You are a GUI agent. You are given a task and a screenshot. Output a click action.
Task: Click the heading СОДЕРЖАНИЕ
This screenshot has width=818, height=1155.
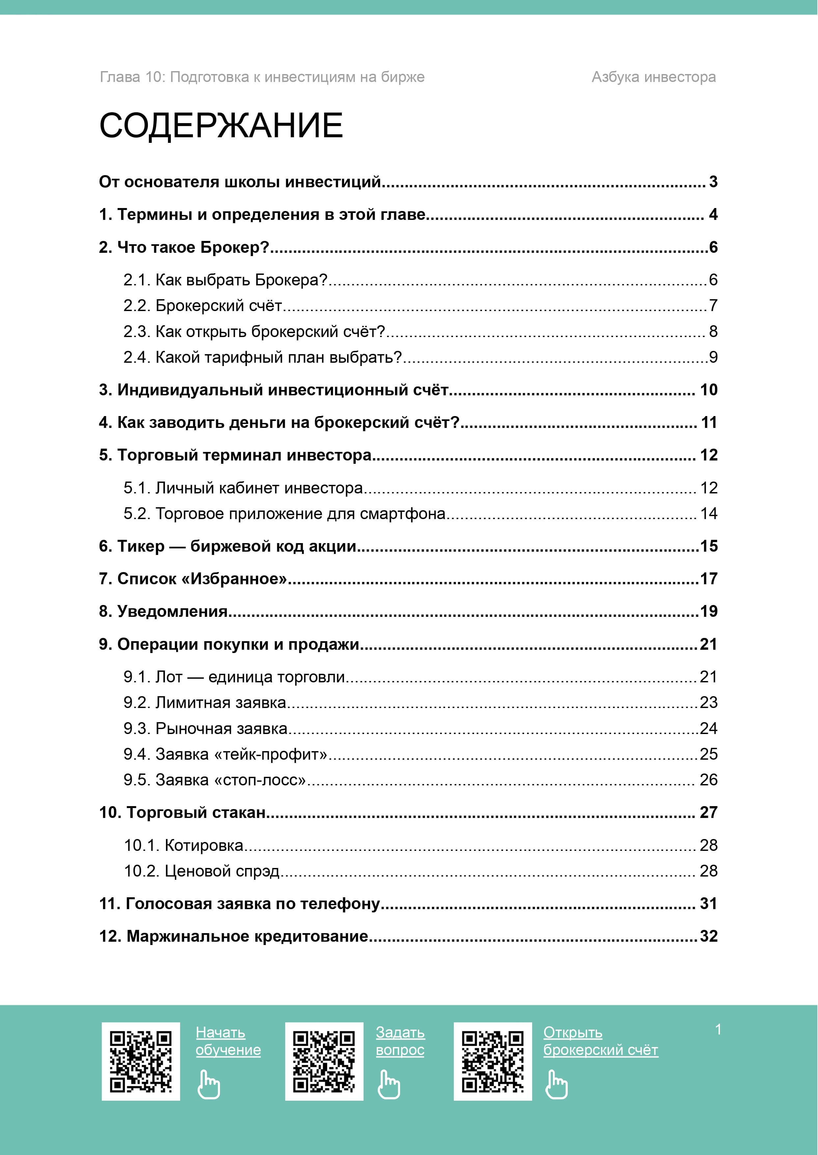pos(221,125)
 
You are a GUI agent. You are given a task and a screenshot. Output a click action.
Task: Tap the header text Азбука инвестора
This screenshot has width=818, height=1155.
pos(653,77)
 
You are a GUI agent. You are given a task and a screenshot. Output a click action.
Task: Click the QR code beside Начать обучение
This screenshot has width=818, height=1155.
pos(141,1061)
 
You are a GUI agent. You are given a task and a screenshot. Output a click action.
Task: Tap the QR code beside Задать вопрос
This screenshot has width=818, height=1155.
pos(324,1061)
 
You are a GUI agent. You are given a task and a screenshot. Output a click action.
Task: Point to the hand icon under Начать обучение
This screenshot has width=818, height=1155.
pos(208,1085)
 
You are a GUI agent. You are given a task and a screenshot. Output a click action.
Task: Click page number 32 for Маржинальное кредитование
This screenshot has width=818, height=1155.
pos(708,936)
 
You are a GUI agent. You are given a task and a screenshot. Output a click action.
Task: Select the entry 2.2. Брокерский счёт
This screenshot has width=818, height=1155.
pos(203,305)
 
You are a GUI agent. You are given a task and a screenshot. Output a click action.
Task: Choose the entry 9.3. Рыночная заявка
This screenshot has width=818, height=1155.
pos(205,728)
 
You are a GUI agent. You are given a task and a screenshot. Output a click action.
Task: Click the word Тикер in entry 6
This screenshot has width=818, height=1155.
pos(141,546)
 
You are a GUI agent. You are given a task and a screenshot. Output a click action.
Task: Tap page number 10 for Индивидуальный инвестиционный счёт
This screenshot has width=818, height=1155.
pos(708,390)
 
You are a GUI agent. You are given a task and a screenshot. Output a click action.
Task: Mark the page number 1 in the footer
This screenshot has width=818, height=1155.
pos(718,1030)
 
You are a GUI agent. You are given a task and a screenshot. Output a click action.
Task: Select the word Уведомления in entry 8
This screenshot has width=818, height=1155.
pos(172,612)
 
